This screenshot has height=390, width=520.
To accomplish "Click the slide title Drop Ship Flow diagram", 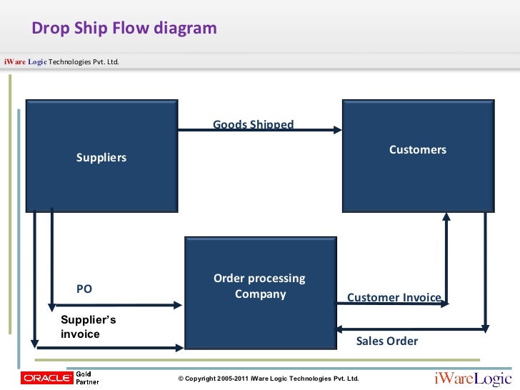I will click(x=124, y=29).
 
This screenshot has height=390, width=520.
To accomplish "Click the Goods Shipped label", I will click(x=253, y=124).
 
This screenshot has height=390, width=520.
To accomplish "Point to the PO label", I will click(x=84, y=289).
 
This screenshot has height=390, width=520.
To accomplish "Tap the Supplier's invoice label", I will click(x=88, y=327).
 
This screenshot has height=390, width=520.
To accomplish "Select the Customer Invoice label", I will click(x=394, y=298).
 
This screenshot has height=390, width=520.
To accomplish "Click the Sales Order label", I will click(x=386, y=341).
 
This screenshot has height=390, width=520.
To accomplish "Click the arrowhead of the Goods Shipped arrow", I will click(x=339, y=130).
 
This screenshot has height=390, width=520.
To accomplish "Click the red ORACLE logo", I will click(x=46, y=377).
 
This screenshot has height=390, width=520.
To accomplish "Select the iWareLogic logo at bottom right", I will click(x=474, y=377).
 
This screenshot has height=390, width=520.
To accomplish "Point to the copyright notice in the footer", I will click(x=268, y=379).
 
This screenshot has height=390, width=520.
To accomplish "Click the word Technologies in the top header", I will click(x=71, y=61).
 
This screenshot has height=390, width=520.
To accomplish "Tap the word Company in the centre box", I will click(x=260, y=294).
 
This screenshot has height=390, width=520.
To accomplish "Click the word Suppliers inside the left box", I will click(x=101, y=158).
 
